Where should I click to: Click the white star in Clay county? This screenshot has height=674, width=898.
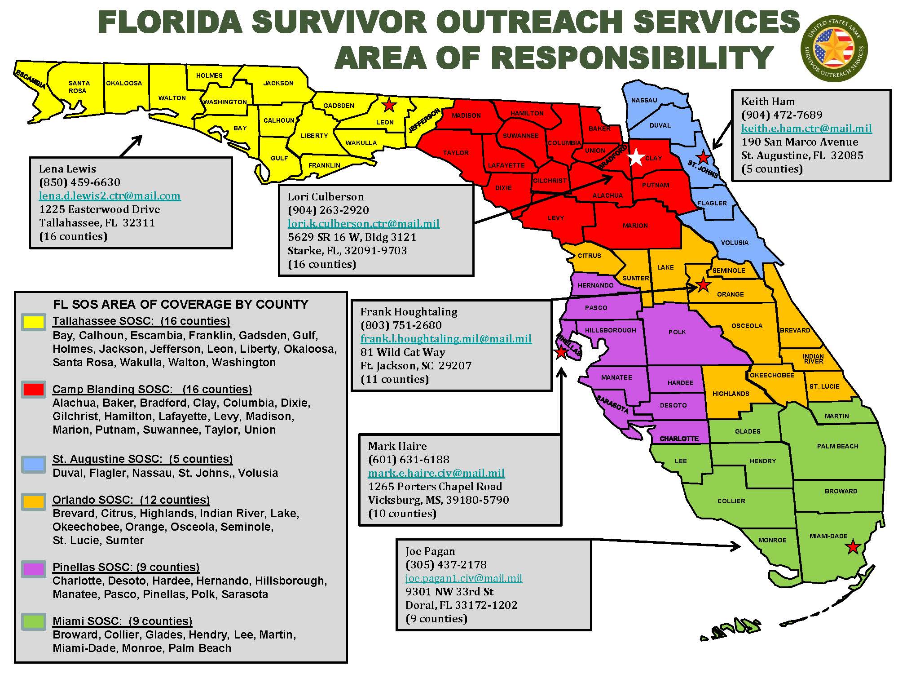[x=636, y=158]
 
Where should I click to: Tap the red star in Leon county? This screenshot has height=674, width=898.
[x=389, y=106]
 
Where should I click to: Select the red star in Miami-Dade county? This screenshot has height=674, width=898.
[x=852, y=547]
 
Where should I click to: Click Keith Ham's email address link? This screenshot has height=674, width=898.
[x=806, y=129]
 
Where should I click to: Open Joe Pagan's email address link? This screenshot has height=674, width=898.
[x=463, y=578]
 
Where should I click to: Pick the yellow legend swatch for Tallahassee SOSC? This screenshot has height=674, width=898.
[x=33, y=322]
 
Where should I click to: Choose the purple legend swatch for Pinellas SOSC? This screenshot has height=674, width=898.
[x=33, y=569]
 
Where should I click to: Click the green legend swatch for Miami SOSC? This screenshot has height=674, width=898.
[x=33, y=622]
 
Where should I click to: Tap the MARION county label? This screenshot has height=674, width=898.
[x=635, y=226]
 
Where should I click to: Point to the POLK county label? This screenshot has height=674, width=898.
[x=677, y=332]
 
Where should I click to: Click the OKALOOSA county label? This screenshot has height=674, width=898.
[x=124, y=83]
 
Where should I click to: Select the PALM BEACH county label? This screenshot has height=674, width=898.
[x=837, y=446]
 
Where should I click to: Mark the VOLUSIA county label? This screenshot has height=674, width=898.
[x=735, y=243]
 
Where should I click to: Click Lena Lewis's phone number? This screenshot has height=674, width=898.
[x=79, y=182]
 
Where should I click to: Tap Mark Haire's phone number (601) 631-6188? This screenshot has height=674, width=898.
[x=409, y=460]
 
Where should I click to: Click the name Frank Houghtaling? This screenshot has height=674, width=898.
[x=409, y=312]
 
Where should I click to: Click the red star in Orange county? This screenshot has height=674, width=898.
[x=703, y=285]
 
